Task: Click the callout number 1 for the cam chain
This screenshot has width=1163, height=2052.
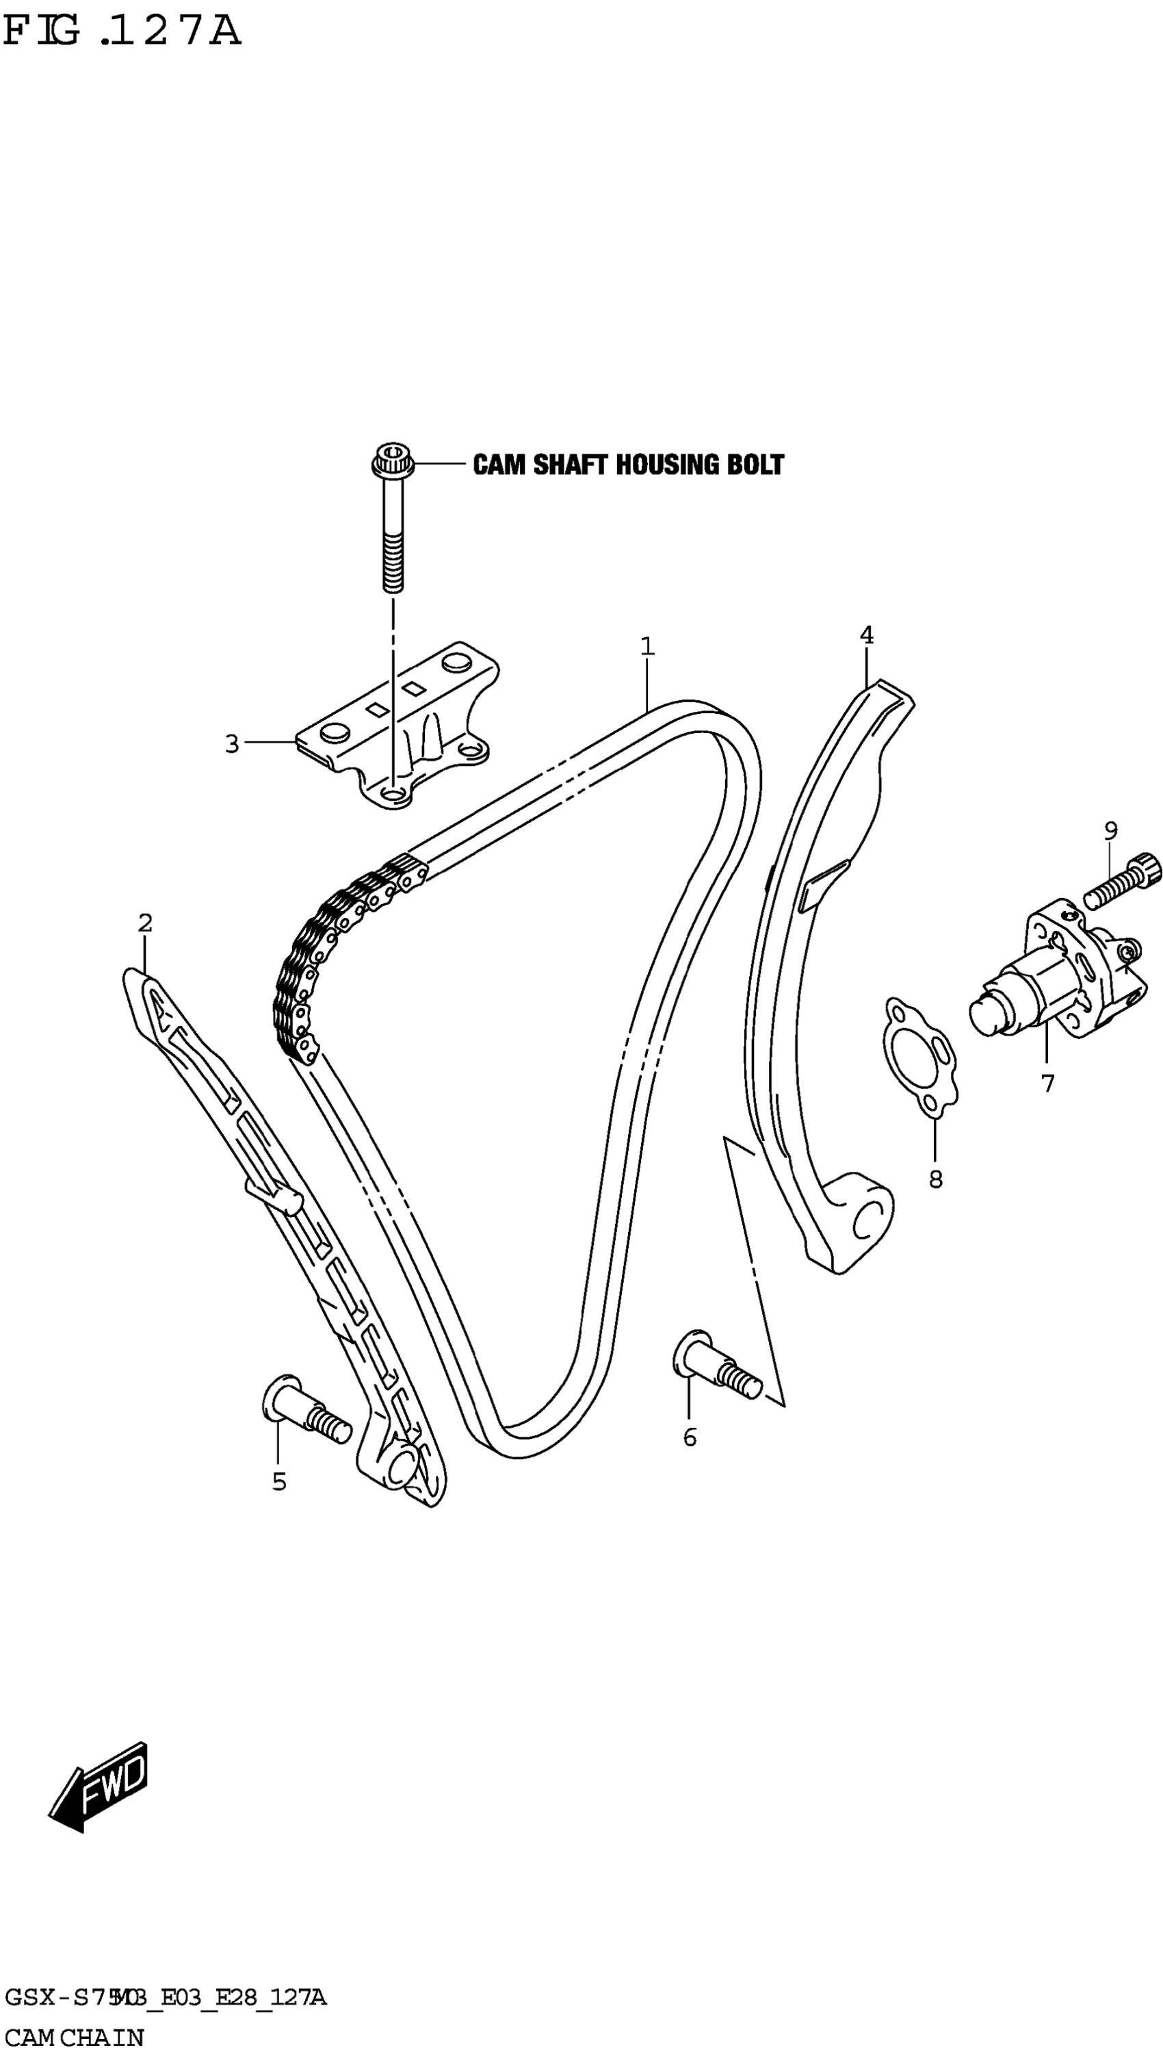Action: click(647, 645)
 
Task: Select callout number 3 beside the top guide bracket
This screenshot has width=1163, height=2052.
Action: click(232, 744)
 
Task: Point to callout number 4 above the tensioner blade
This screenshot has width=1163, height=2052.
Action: click(867, 635)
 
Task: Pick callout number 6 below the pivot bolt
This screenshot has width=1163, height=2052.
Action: click(690, 1437)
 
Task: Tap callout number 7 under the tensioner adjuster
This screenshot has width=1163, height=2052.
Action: click(1048, 1083)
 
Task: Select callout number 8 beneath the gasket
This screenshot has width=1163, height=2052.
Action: click(935, 1179)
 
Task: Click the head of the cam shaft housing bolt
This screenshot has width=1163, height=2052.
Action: click(392, 461)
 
